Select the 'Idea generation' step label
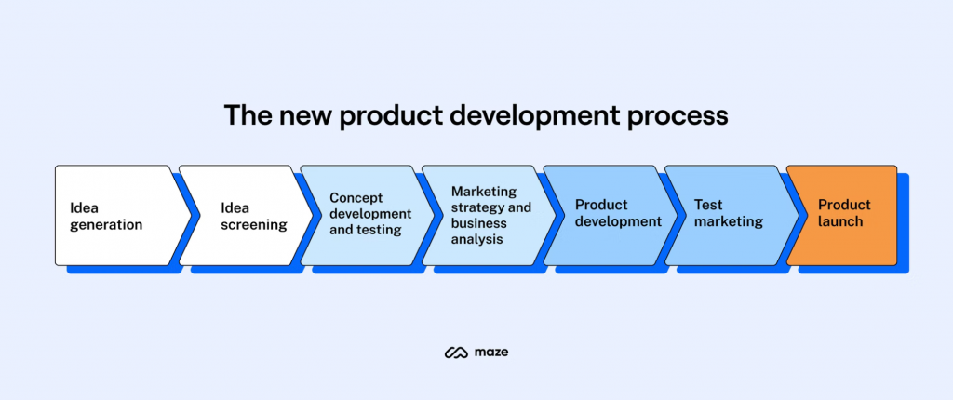106,216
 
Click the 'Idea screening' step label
253,216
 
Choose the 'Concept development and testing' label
369,214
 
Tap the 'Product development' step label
618,213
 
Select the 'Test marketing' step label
729,213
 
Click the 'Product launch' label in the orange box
843,213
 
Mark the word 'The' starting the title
247,116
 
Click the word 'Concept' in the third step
356,198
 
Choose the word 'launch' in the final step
840,221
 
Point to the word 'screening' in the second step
253,224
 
